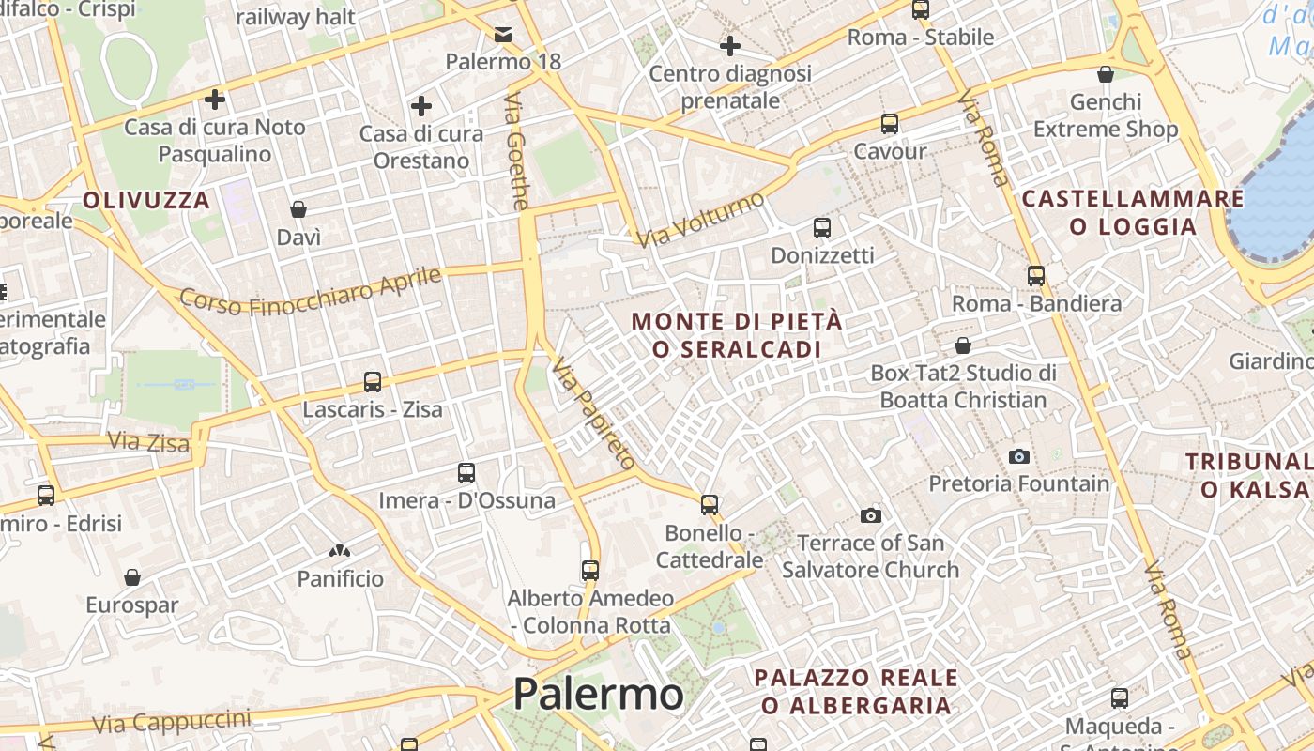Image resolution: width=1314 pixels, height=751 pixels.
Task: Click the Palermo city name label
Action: coord(598,695)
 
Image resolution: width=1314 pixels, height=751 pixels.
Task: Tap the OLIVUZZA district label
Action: coord(146,200)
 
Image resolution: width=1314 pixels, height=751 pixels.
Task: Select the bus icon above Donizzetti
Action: coord(822,228)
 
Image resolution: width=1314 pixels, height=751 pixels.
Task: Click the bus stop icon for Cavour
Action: coord(889,124)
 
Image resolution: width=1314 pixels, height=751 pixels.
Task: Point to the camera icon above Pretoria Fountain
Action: coord(1018,457)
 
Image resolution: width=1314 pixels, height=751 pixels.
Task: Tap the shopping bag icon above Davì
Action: coord(298,209)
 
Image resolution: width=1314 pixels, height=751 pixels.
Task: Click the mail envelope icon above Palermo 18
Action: coord(503,36)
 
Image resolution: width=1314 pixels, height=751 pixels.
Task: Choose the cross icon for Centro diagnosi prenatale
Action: coord(729,45)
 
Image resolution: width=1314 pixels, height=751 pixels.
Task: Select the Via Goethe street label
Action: coord(518,150)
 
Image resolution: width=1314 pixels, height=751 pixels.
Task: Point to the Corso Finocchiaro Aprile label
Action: coord(310,291)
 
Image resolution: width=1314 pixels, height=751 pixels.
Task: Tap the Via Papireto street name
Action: coord(593,413)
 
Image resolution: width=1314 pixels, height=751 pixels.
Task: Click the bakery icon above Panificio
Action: coord(340,551)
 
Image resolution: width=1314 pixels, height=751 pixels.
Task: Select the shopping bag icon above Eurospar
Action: coord(132,577)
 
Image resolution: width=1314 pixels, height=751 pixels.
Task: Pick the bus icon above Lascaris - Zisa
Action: coord(373,382)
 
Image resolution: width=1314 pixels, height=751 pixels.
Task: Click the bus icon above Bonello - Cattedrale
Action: coord(710,505)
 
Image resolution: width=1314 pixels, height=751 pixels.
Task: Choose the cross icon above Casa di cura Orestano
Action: coord(421,106)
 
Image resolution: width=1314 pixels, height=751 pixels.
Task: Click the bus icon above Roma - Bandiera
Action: coord(1036,276)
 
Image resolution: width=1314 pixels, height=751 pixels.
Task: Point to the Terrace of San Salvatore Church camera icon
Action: coord(871,515)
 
